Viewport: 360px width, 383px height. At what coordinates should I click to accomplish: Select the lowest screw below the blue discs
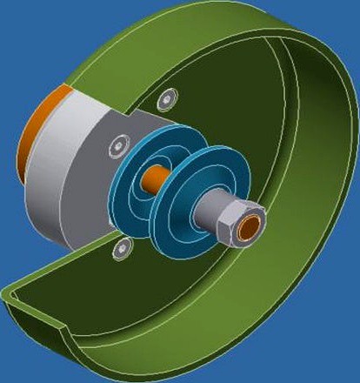[123, 250]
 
